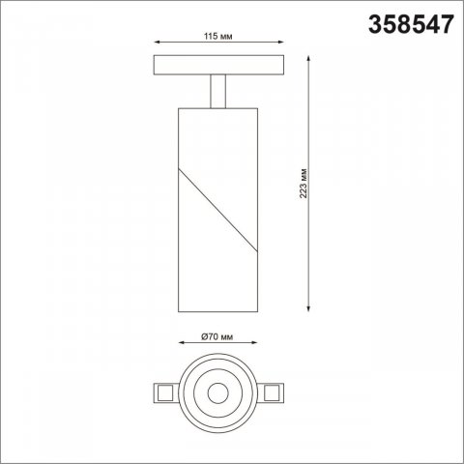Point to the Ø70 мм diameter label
tap(218, 335)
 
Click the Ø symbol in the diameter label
tap(205, 335)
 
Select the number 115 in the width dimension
tap(212, 36)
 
